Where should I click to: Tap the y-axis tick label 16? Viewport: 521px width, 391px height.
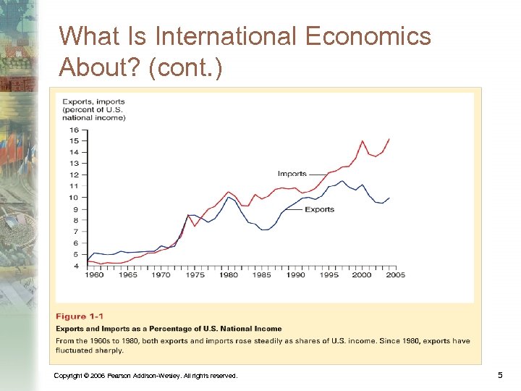pyautogui.click(x=74, y=130)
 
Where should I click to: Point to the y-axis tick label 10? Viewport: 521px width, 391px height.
pyautogui.click(x=74, y=198)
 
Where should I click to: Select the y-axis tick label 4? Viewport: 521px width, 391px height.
pyautogui.click(x=75, y=266)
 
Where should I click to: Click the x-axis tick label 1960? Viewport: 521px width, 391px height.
pyautogui.click(x=94, y=275)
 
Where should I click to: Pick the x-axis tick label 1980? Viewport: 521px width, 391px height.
pyautogui.click(x=229, y=275)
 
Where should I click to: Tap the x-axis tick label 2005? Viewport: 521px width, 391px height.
pyautogui.click(x=395, y=275)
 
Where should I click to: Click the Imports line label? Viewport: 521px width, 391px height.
pyautogui.click(x=292, y=174)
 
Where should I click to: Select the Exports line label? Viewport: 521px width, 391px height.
pyautogui.click(x=319, y=209)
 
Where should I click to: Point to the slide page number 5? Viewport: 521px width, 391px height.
pyautogui.click(x=500, y=375)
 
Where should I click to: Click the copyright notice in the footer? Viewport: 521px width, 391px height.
pyautogui.click(x=145, y=376)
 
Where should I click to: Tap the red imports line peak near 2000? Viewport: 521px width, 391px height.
pyautogui.click(x=363, y=140)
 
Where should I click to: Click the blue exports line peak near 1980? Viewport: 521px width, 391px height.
pyautogui.click(x=229, y=197)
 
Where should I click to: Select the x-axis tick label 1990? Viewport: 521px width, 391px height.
pyautogui.click(x=295, y=275)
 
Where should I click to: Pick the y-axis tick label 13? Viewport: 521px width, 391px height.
pyautogui.click(x=74, y=164)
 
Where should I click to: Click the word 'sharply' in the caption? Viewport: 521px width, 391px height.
pyautogui.click(x=108, y=350)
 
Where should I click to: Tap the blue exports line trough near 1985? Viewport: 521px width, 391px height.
pyautogui.click(x=264, y=230)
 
